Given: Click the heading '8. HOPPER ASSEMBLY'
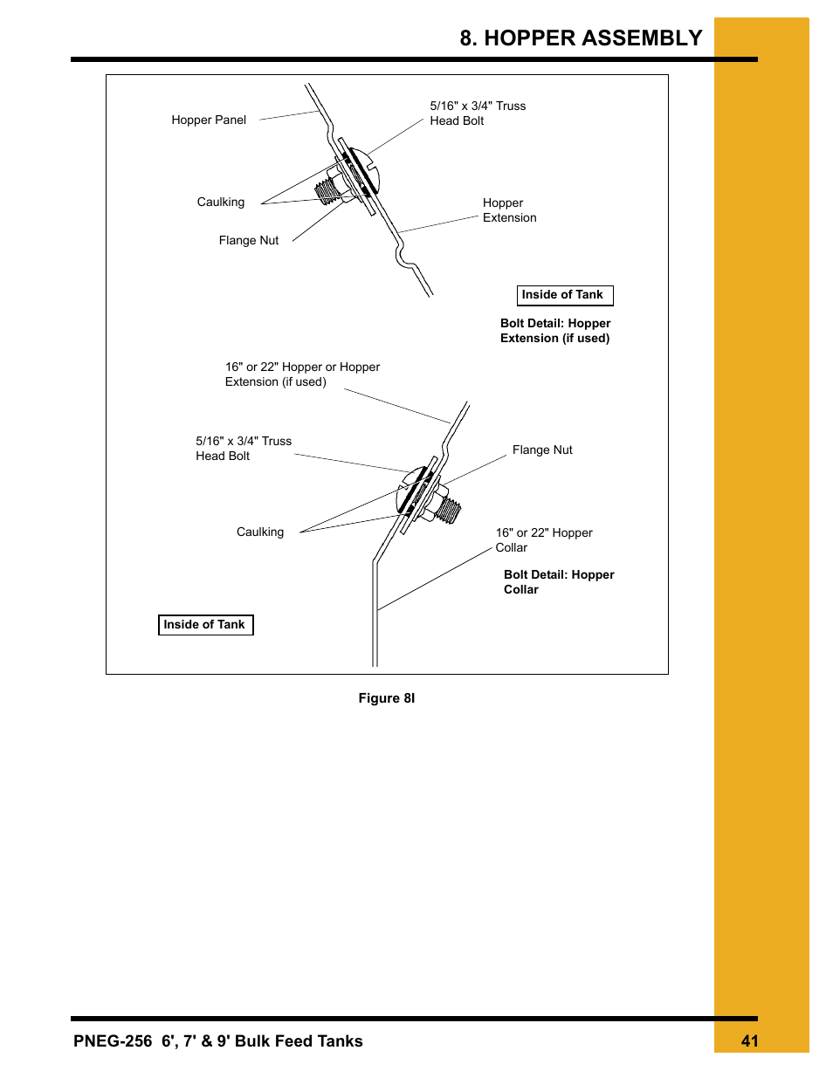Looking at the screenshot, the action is tap(581, 38).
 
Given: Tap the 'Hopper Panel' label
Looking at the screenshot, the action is tap(209, 120).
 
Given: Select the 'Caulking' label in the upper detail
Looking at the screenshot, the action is tap(221, 203).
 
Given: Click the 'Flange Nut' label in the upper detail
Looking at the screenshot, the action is tap(249, 241).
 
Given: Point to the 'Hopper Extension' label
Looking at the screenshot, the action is tap(509, 210).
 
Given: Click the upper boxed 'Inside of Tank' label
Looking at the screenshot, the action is tap(564, 295).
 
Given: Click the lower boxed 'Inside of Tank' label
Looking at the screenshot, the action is tap(205, 625).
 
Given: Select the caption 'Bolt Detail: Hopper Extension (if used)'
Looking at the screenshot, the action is tap(555, 331).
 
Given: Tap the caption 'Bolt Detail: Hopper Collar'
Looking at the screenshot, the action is tap(559, 582).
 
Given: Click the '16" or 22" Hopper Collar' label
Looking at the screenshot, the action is tap(543, 540).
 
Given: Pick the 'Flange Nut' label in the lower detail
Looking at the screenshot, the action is tap(542, 450).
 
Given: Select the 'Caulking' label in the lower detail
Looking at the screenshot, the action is tap(260, 532).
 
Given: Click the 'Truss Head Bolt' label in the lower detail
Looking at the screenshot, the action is tap(244, 449).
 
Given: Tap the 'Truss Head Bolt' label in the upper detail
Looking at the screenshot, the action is tap(478, 113).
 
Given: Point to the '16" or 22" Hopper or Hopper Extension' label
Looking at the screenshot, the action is tap(302, 374).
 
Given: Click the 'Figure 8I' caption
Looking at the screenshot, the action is tap(387, 698).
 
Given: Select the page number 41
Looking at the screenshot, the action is tap(749, 1041).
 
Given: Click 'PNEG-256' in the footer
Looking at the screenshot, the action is tap(113, 1041).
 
